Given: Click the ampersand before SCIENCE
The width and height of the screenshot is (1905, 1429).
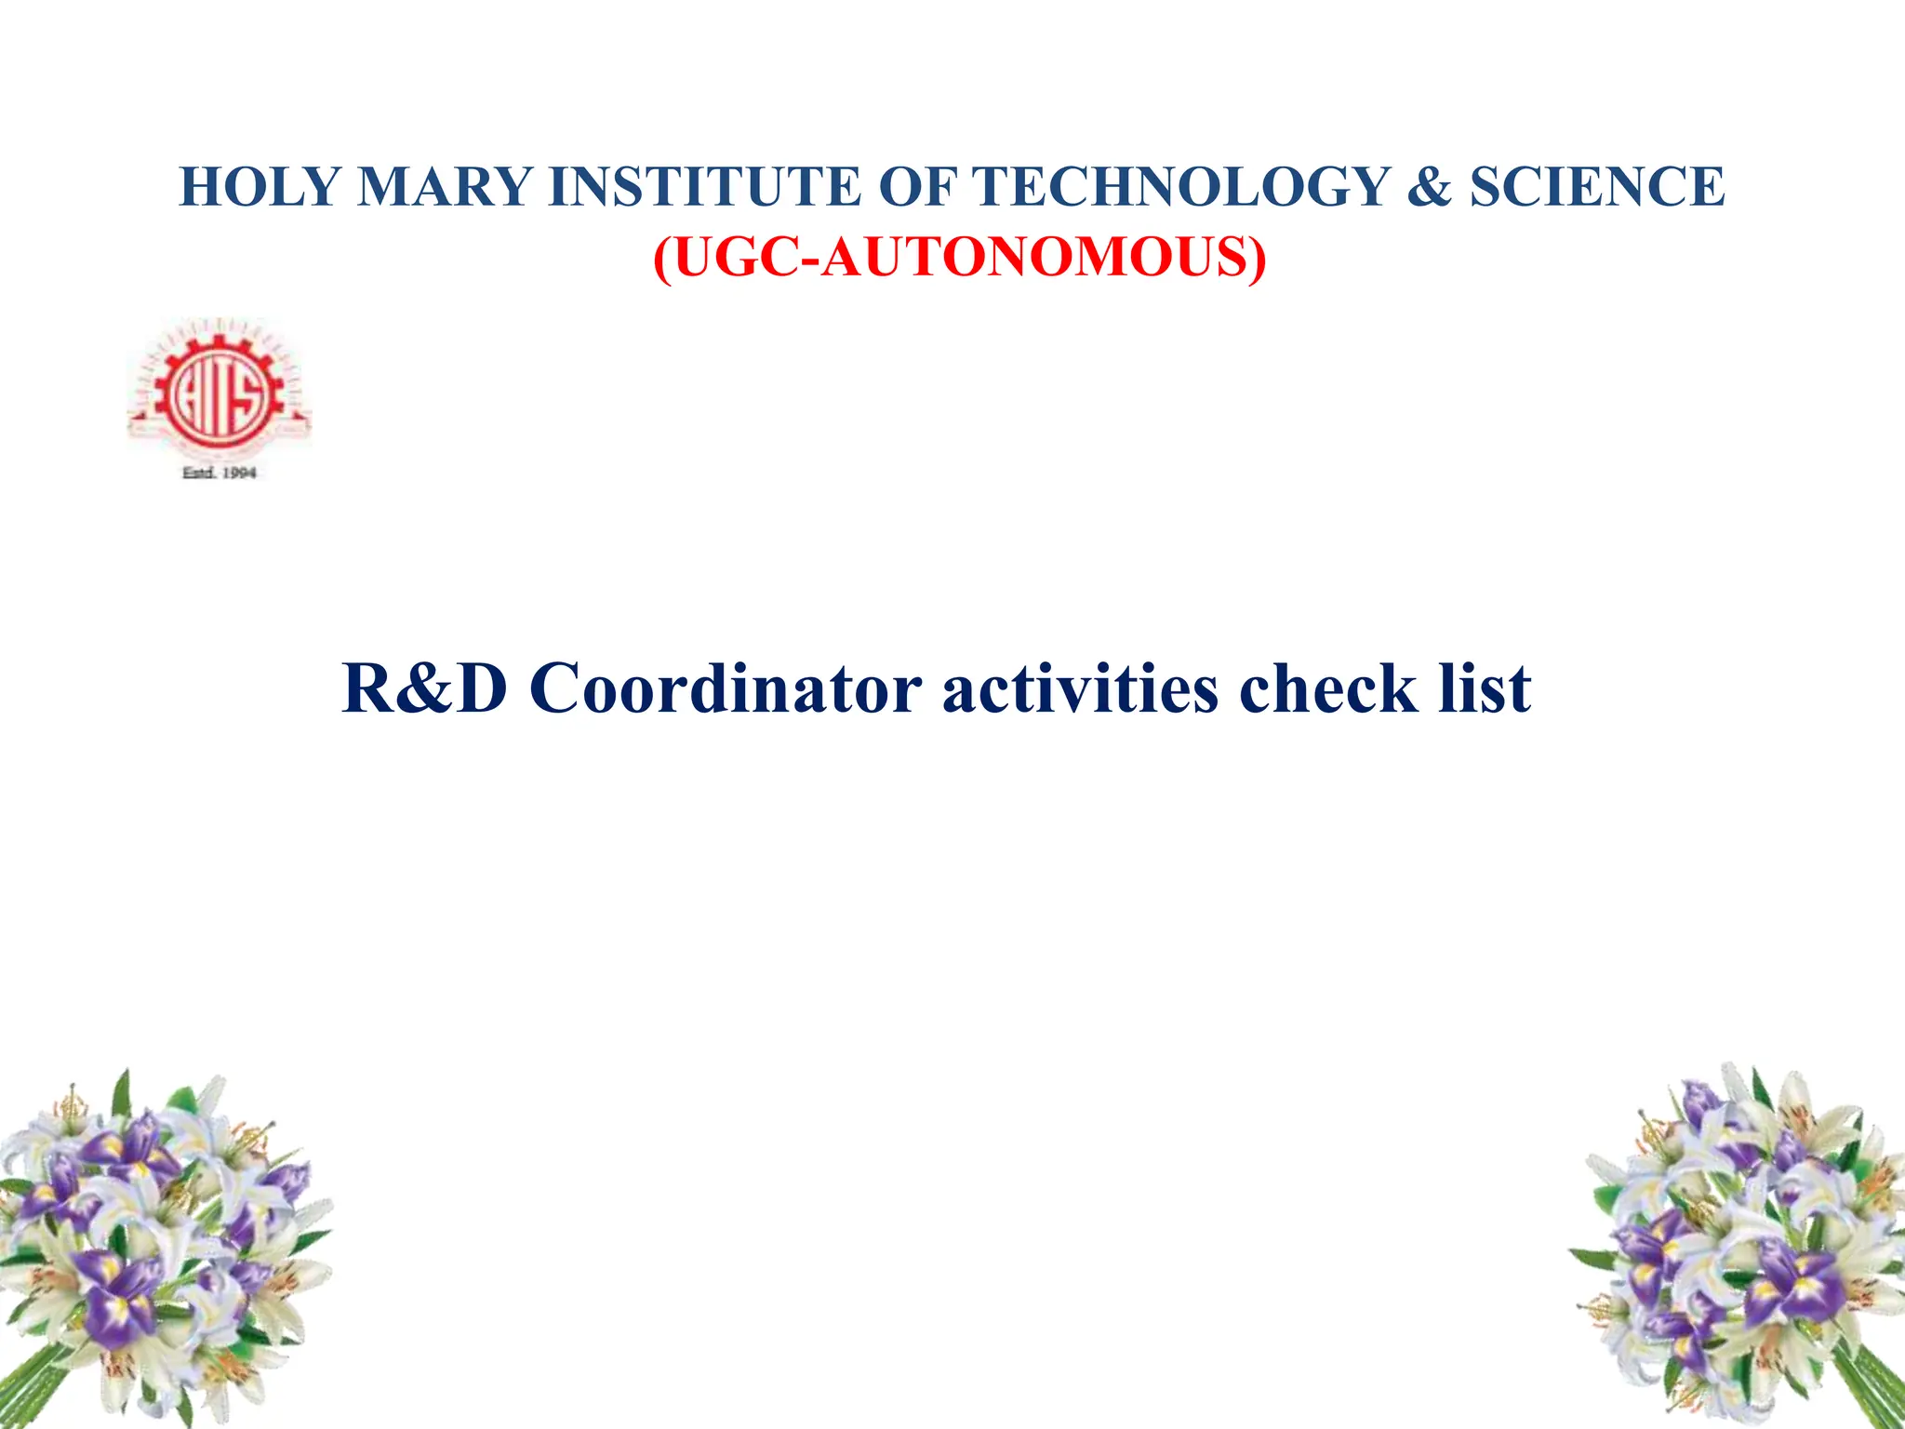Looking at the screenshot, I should (1430, 186).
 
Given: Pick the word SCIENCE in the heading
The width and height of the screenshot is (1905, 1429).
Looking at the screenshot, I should (1596, 186).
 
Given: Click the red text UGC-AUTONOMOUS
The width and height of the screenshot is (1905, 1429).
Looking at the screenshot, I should (959, 258).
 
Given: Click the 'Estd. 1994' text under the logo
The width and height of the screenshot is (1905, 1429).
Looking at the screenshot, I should (220, 473).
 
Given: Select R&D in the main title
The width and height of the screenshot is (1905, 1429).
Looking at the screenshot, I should (425, 689).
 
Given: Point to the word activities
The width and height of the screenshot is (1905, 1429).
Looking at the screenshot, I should (1080, 689).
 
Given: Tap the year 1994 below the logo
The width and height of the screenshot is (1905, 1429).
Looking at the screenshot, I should (238, 473).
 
